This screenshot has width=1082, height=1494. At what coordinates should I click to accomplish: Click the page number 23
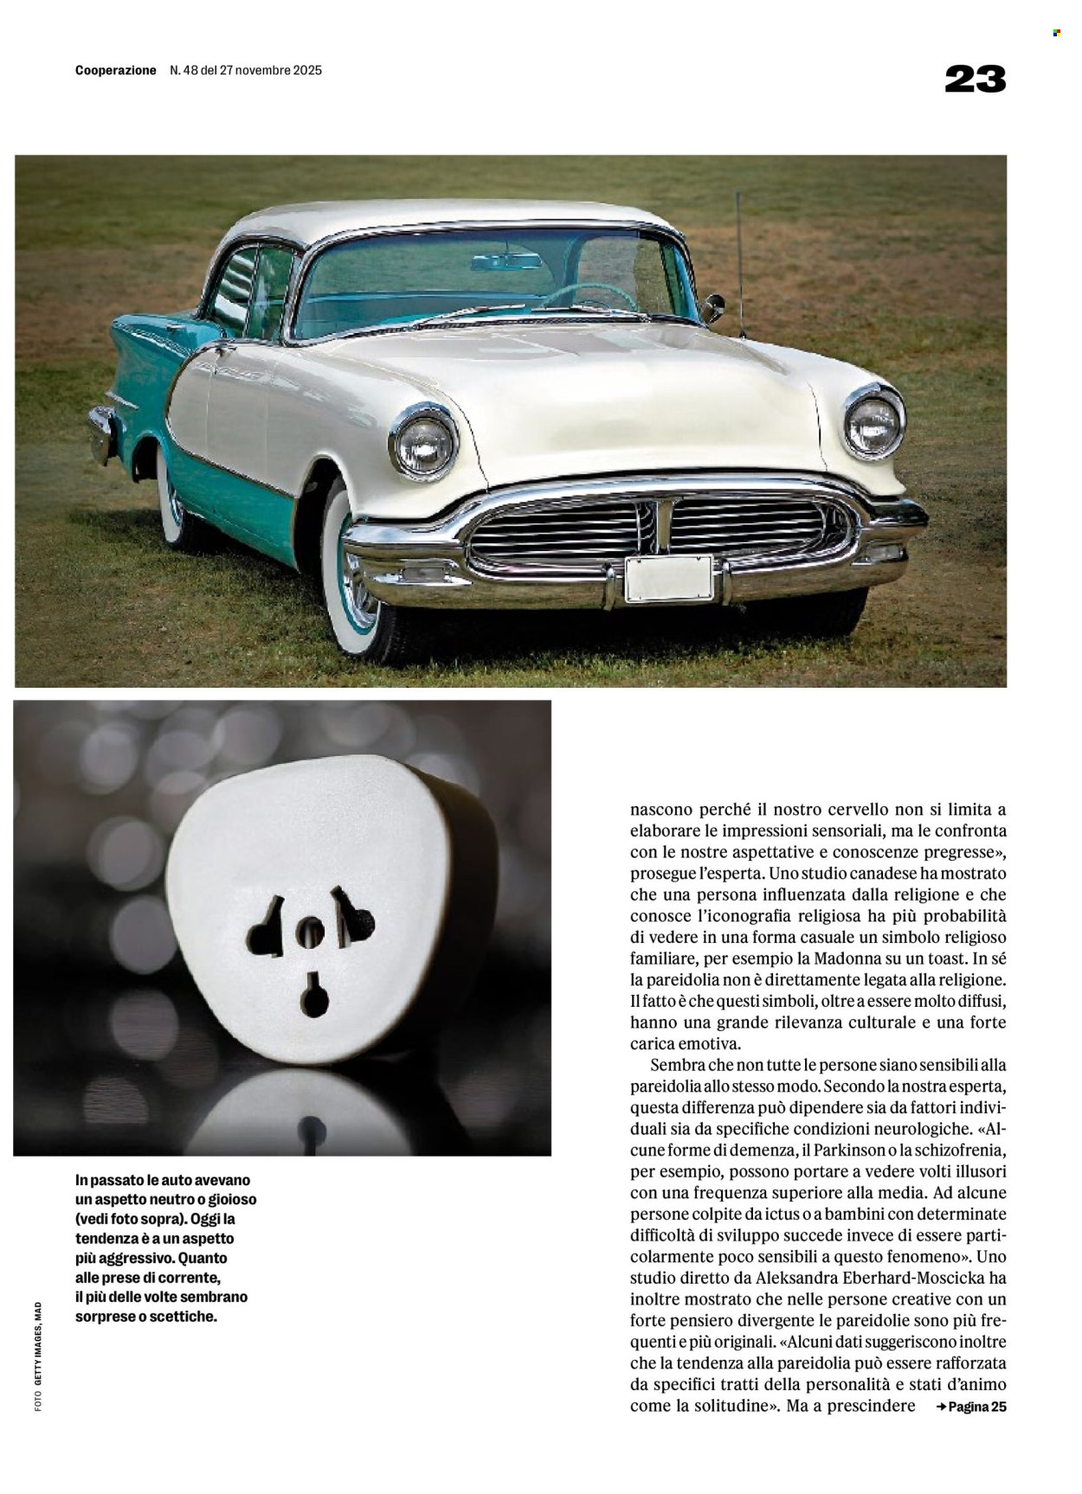tap(975, 80)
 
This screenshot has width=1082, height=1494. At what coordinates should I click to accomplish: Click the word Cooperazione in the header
tap(116, 71)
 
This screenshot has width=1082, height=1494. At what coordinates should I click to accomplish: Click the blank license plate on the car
tap(668, 578)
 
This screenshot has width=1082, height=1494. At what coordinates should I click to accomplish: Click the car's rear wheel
tap(171, 502)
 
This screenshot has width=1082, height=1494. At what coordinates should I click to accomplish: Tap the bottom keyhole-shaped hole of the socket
tap(313, 997)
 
